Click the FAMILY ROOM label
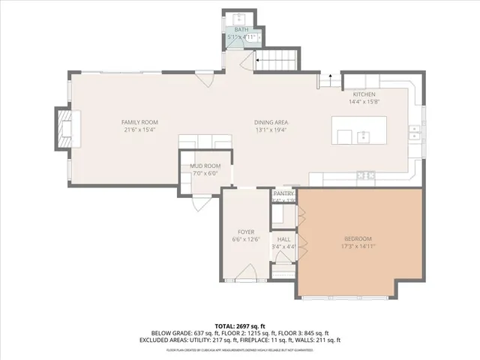tap(139, 121)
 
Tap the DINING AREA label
tap(271, 122)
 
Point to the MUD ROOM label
tap(205, 165)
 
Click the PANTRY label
tap(283, 193)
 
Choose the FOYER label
tap(246, 232)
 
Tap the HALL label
tap(284, 238)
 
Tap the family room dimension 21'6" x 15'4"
tap(139, 130)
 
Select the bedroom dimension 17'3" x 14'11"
tap(358, 246)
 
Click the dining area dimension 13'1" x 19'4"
tap(271, 130)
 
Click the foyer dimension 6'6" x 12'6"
tap(246, 240)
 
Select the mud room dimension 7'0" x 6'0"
tap(205, 173)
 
